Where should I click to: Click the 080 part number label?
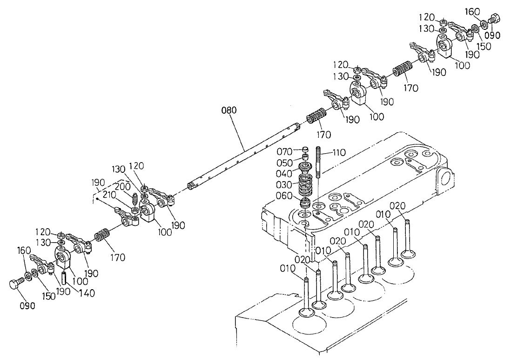pyautogui.click(x=229, y=110)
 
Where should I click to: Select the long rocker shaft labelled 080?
pyautogui.click(x=242, y=154)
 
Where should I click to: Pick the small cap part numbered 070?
pyautogui.click(x=306, y=149)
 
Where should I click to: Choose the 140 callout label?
pyautogui.click(x=87, y=293)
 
